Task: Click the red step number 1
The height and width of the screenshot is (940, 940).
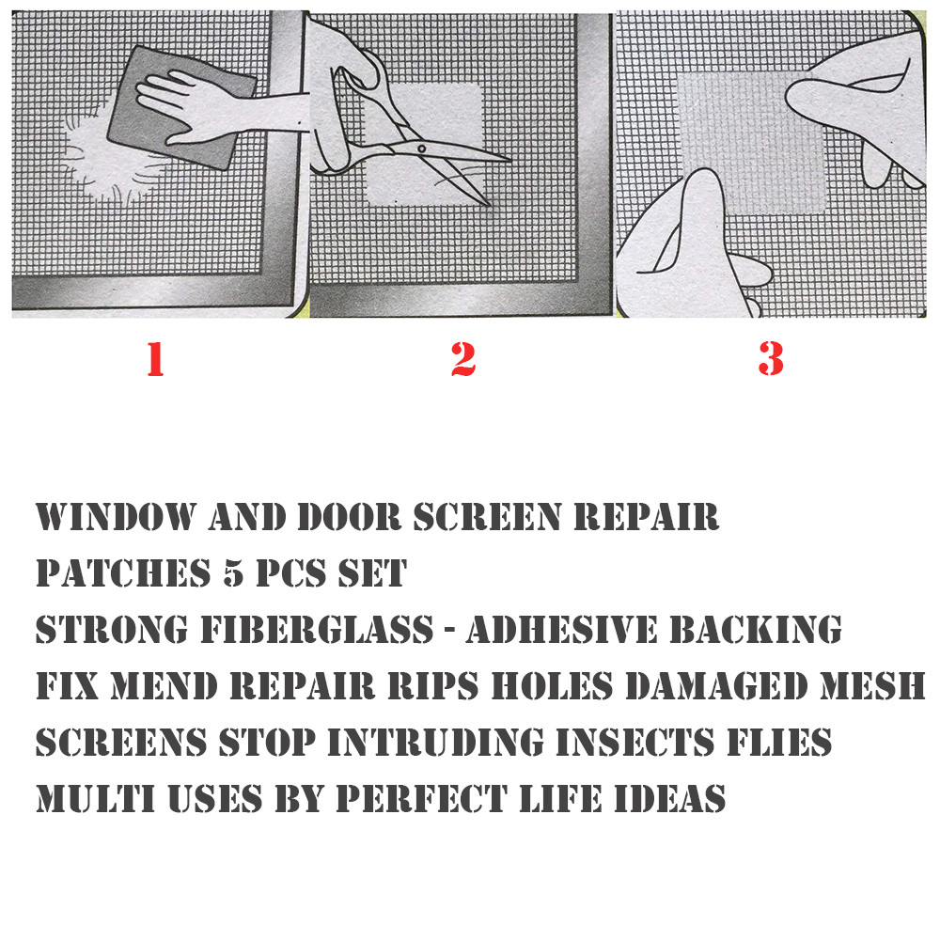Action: (155, 359)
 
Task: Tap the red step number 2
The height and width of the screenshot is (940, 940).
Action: (462, 359)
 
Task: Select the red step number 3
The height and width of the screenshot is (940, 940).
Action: (770, 359)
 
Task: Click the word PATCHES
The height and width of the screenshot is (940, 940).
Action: (117, 573)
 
